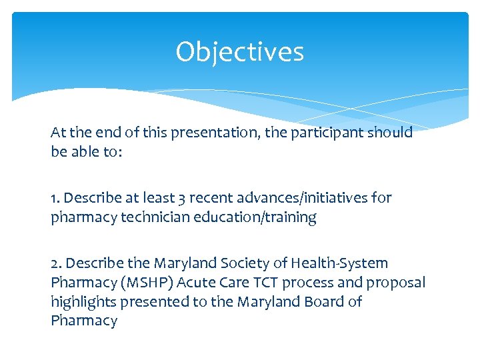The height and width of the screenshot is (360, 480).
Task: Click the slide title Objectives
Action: [x=239, y=52]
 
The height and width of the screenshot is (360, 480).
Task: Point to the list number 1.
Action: [x=55, y=198]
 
